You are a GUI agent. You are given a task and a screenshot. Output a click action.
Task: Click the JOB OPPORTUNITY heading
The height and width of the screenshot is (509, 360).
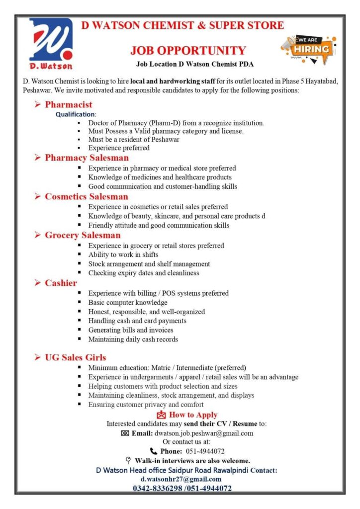click(x=188, y=50)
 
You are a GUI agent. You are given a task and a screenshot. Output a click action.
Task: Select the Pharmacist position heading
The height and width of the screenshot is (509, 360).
click(x=69, y=104)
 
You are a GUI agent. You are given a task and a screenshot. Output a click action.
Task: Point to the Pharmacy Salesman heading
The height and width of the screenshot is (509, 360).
click(x=87, y=158)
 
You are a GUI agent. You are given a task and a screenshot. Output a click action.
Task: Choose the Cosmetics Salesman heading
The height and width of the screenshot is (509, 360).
click(x=86, y=196)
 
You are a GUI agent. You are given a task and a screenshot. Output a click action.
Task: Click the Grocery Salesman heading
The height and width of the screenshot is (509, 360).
click(x=83, y=235)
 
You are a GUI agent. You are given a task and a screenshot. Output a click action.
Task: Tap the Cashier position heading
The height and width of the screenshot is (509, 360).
click(x=61, y=283)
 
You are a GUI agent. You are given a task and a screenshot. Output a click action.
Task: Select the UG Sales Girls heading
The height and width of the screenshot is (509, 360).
click(x=75, y=357)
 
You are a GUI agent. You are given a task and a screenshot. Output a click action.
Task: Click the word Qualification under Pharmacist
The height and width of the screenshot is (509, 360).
click(x=76, y=114)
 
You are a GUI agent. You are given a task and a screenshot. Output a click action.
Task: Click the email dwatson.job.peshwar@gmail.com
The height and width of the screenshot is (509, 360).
click(x=204, y=433)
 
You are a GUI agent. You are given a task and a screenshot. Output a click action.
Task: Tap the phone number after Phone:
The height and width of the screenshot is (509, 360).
click(x=204, y=451)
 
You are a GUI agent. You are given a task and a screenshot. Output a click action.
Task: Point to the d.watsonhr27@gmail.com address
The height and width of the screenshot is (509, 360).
click(x=181, y=479)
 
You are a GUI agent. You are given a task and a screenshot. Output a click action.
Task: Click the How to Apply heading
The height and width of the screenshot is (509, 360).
click(x=193, y=415)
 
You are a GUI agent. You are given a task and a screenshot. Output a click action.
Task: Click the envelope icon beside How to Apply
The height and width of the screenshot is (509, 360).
click(x=161, y=415)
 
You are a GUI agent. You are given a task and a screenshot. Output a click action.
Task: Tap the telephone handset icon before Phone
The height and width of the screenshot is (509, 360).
click(x=154, y=451)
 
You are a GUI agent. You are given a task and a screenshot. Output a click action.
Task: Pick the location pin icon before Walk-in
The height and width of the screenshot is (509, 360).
click(x=128, y=460)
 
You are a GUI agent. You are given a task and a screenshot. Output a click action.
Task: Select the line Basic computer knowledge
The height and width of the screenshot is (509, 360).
click(x=128, y=302)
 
